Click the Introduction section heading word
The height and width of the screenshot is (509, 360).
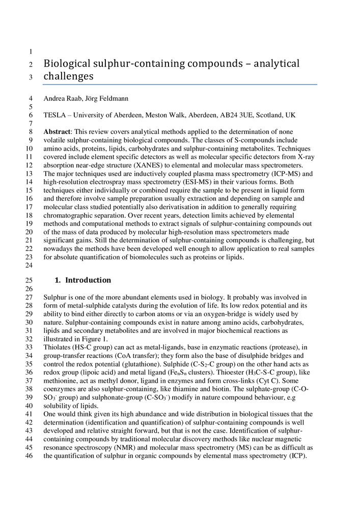(x=88, y=280)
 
